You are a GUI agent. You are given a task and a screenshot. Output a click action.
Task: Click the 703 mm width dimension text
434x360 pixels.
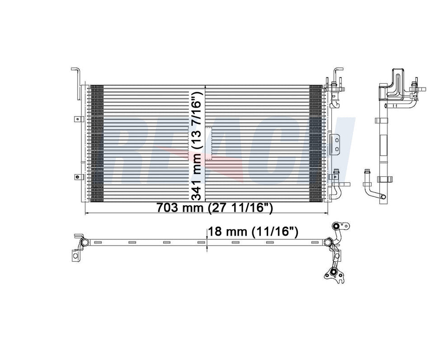(215, 208)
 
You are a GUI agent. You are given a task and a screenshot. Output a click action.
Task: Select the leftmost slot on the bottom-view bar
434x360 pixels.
(132, 243)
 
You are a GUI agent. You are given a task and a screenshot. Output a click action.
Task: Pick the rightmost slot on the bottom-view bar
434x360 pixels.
(305, 243)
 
